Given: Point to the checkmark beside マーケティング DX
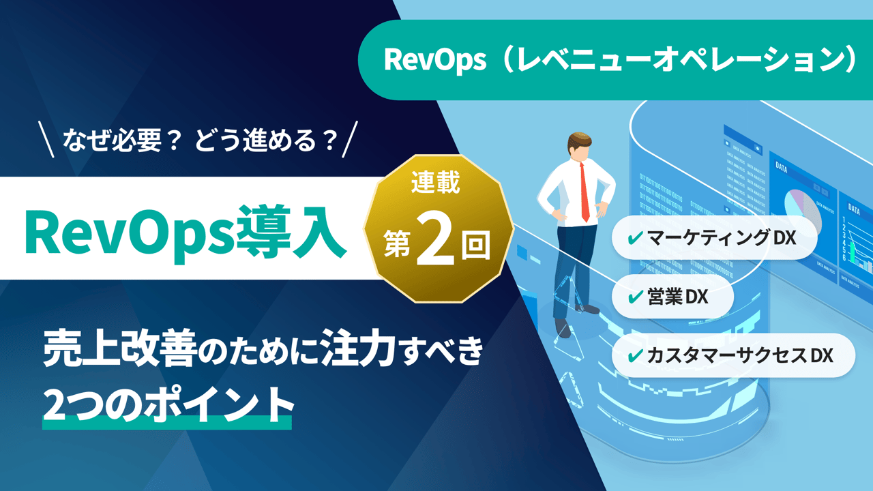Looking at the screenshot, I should click(634, 238).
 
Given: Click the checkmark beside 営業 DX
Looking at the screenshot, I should click(634, 297).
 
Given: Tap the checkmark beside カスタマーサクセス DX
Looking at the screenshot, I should click(634, 355).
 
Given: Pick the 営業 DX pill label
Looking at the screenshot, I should click(675, 297).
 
